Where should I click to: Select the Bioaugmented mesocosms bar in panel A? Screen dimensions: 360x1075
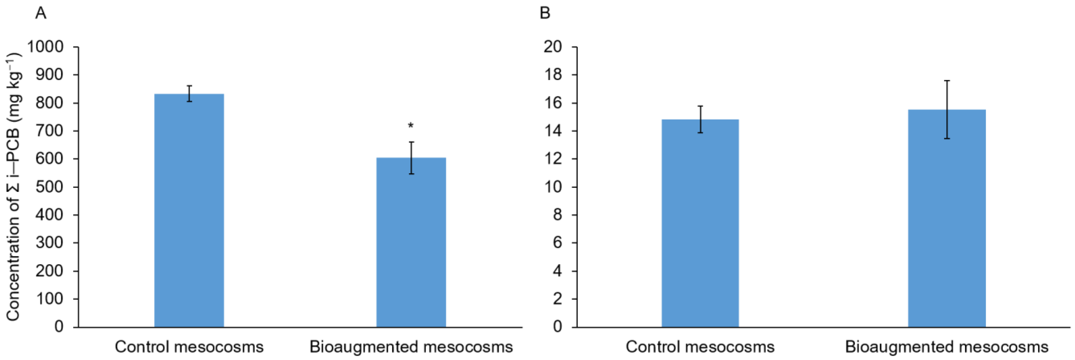point(411,242)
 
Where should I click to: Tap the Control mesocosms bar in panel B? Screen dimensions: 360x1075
point(700,223)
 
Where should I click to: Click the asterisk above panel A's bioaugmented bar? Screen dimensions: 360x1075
point(411,125)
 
